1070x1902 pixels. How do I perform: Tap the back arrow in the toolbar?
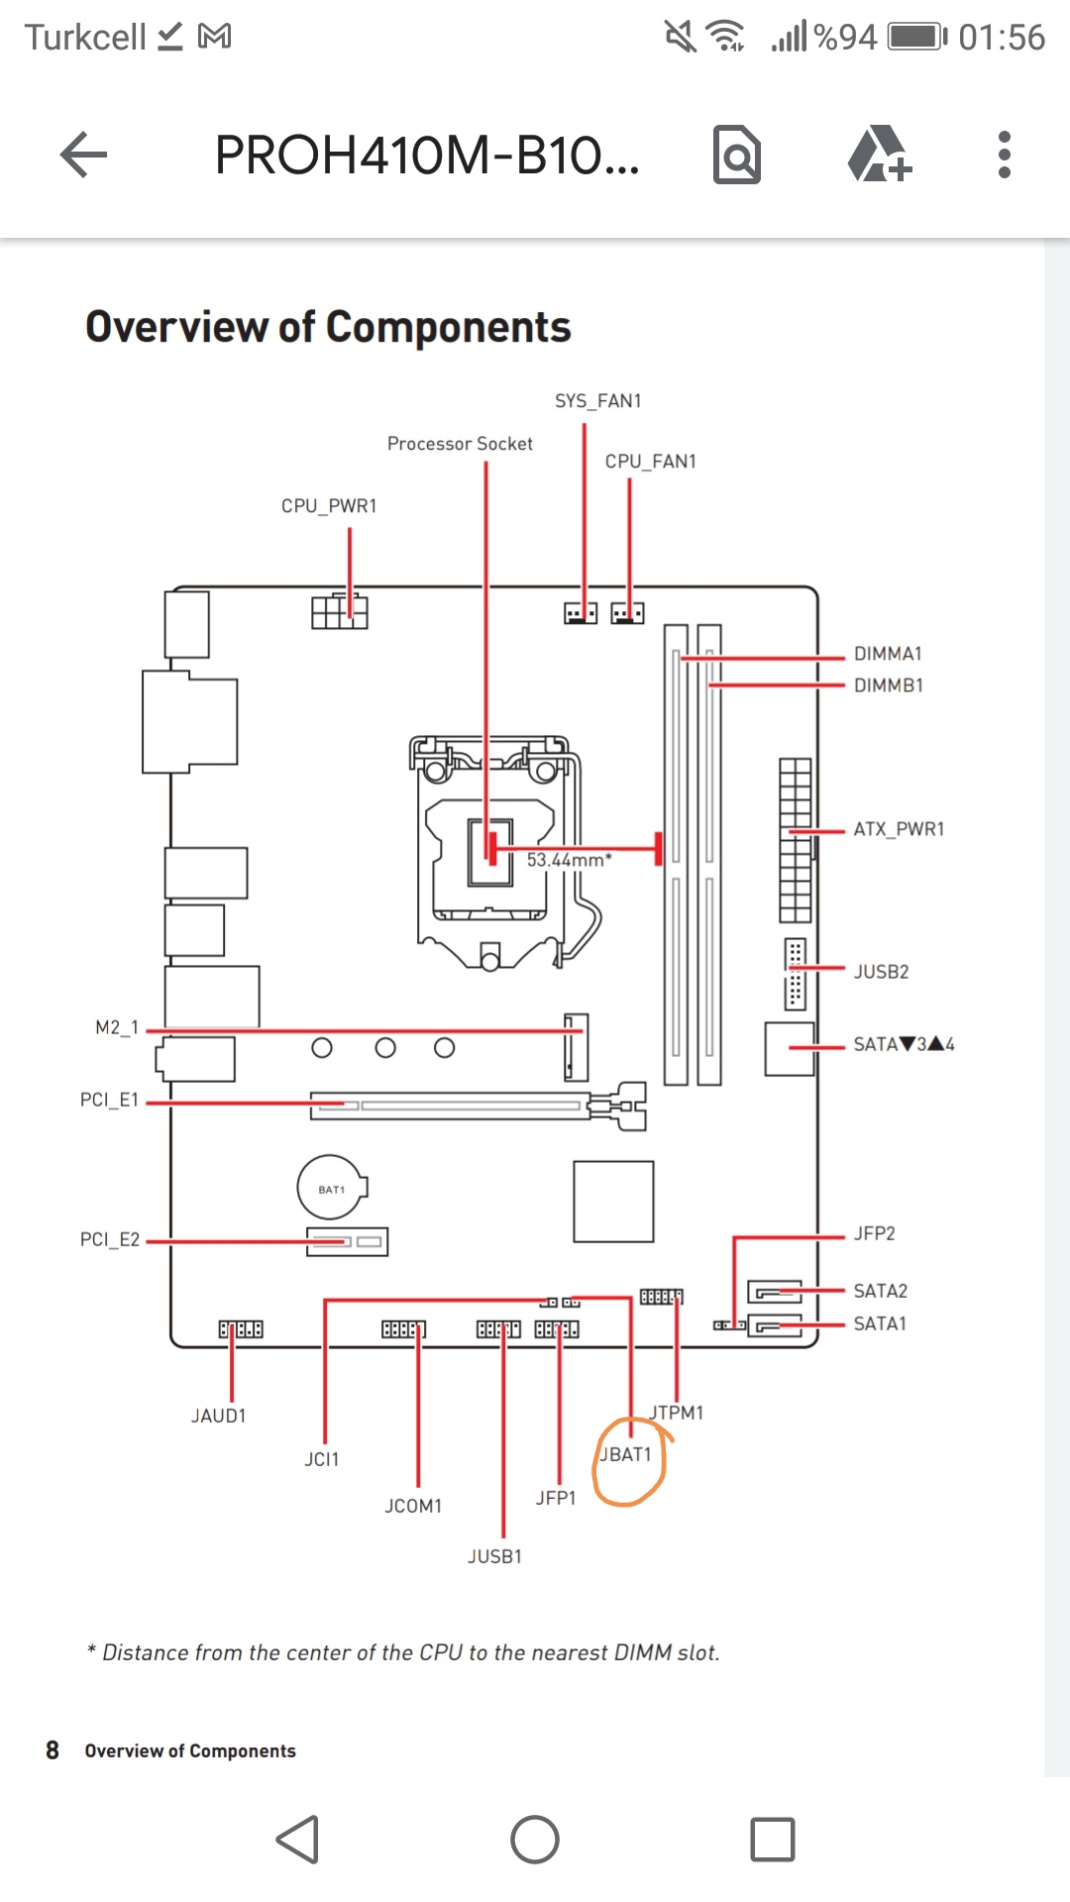84,155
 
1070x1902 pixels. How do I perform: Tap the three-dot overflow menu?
1004,155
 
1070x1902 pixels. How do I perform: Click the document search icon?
737,155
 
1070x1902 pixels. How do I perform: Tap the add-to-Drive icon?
879,155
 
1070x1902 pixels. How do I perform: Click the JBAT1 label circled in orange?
626,1454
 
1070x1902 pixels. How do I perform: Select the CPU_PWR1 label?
329,506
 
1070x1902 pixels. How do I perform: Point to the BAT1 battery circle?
332,1188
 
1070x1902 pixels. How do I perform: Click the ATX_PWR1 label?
899,829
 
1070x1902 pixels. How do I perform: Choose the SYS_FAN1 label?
597,401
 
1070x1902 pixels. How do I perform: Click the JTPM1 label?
677,1413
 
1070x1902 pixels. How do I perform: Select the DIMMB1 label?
888,686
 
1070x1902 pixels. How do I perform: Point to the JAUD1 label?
218,1417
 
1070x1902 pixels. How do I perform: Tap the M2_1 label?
116,1028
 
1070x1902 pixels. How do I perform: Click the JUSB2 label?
881,972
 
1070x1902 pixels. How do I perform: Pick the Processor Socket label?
460,444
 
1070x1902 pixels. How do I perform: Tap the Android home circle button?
535,1840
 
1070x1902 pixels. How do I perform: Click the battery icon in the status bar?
916,38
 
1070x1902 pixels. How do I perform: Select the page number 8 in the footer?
53,1750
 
